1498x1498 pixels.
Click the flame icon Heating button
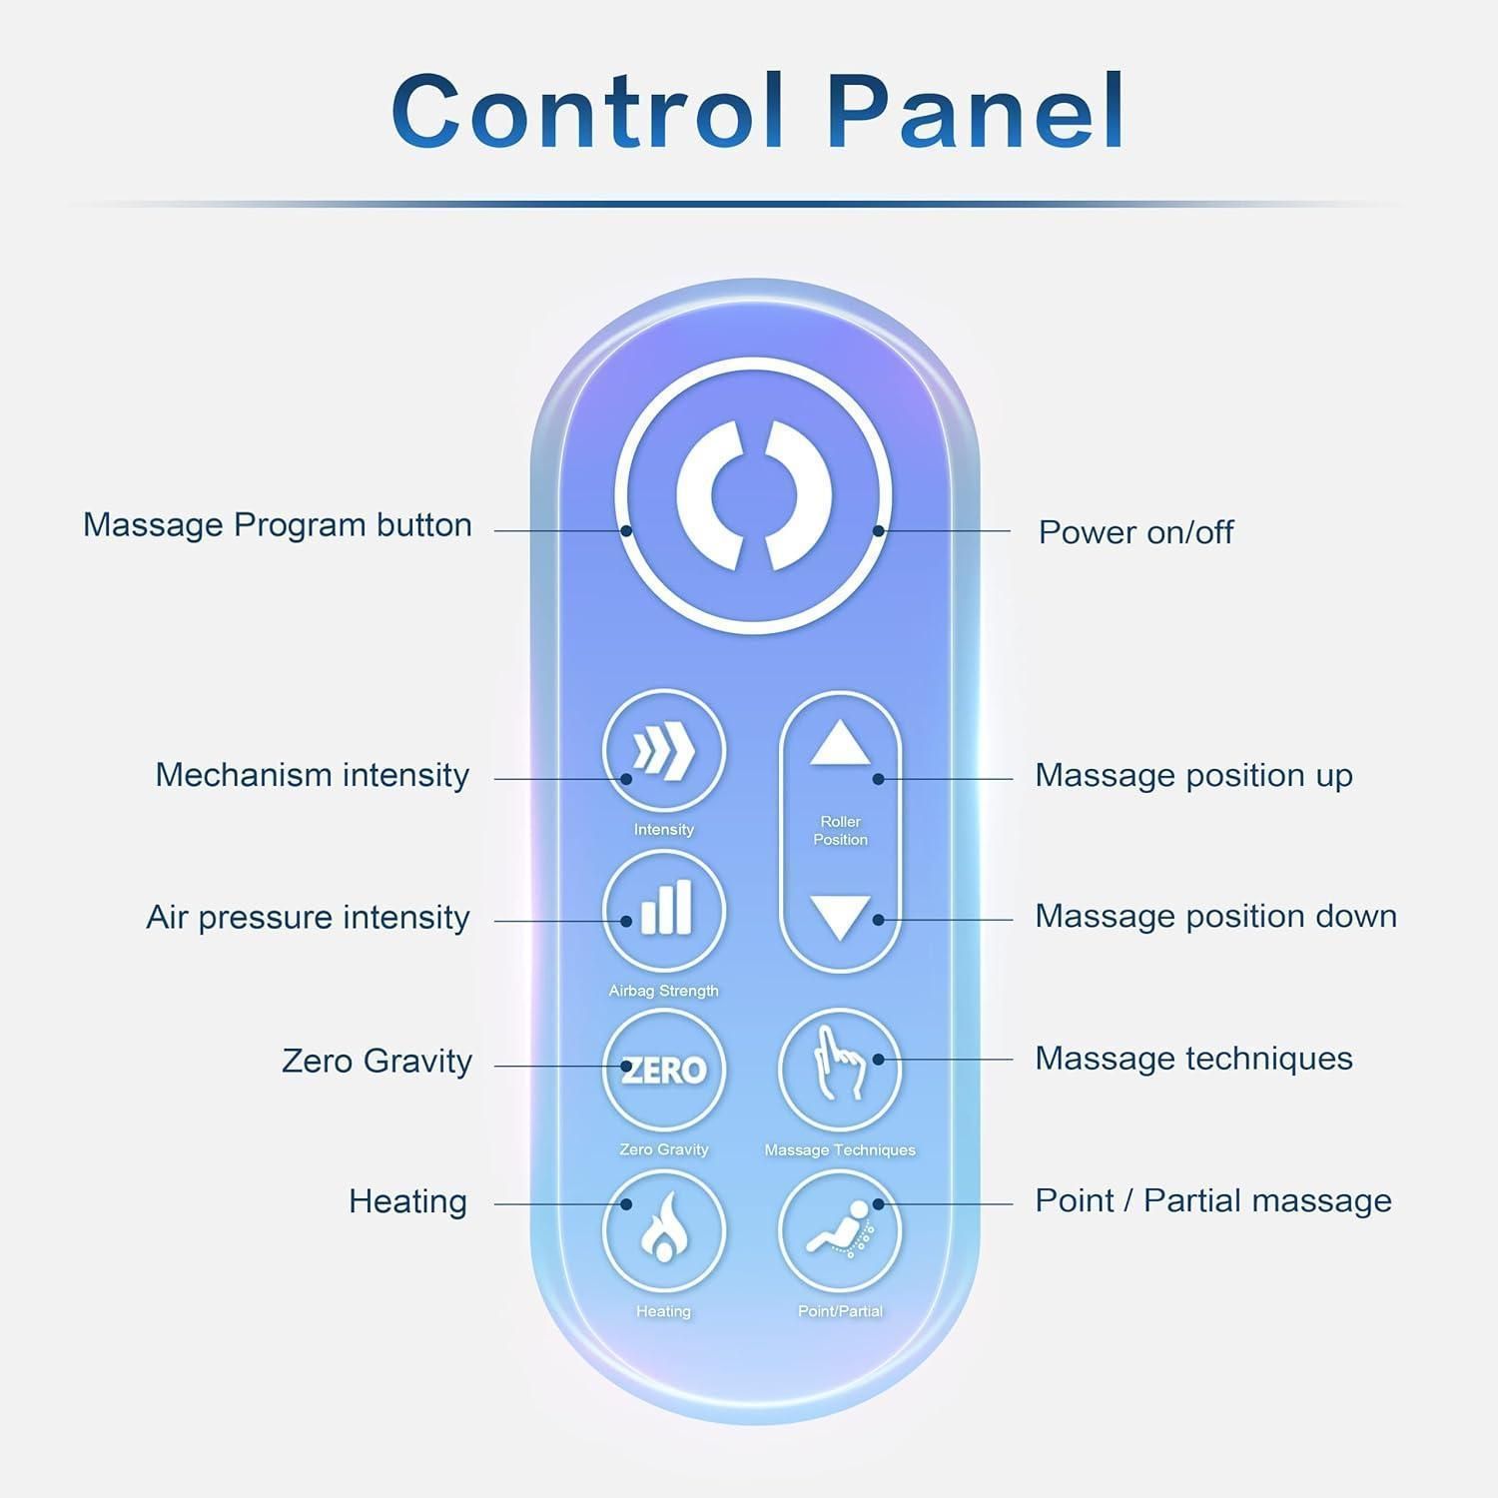(x=663, y=1230)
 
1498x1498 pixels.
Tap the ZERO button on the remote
(x=663, y=1070)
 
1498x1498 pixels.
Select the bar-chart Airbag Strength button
(x=663, y=911)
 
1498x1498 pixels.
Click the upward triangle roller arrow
(x=840, y=744)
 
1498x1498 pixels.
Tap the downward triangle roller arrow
(x=840, y=917)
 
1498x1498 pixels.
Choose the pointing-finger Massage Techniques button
(x=840, y=1070)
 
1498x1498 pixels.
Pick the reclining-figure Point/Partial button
(x=840, y=1230)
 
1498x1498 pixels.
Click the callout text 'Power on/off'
(x=1135, y=532)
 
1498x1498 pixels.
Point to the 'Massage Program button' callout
(x=278, y=525)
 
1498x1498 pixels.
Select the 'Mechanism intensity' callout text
(x=312, y=775)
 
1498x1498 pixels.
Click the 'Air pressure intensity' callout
(x=308, y=917)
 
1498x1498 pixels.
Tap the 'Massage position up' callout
(x=1193, y=775)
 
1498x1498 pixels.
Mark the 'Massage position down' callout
(x=1215, y=916)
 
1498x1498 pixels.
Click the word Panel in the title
(x=977, y=111)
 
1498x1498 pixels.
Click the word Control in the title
(x=587, y=111)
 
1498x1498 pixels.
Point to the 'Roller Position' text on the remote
(x=840, y=831)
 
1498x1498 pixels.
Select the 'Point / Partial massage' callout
(x=1213, y=1200)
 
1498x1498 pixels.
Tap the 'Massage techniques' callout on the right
(x=1193, y=1059)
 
